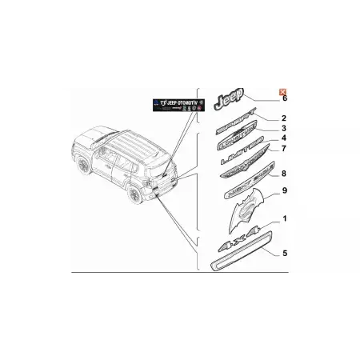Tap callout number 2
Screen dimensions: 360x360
click(x=284, y=118)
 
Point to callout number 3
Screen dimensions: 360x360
click(x=283, y=129)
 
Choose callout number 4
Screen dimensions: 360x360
click(x=283, y=139)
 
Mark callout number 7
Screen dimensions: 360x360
click(x=283, y=150)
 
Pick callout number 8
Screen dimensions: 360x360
click(x=283, y=173)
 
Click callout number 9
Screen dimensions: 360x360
click(x=284, y=192)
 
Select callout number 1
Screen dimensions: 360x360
click(x=284, y=218)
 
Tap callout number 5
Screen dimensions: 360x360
click(x=284, y=251)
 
